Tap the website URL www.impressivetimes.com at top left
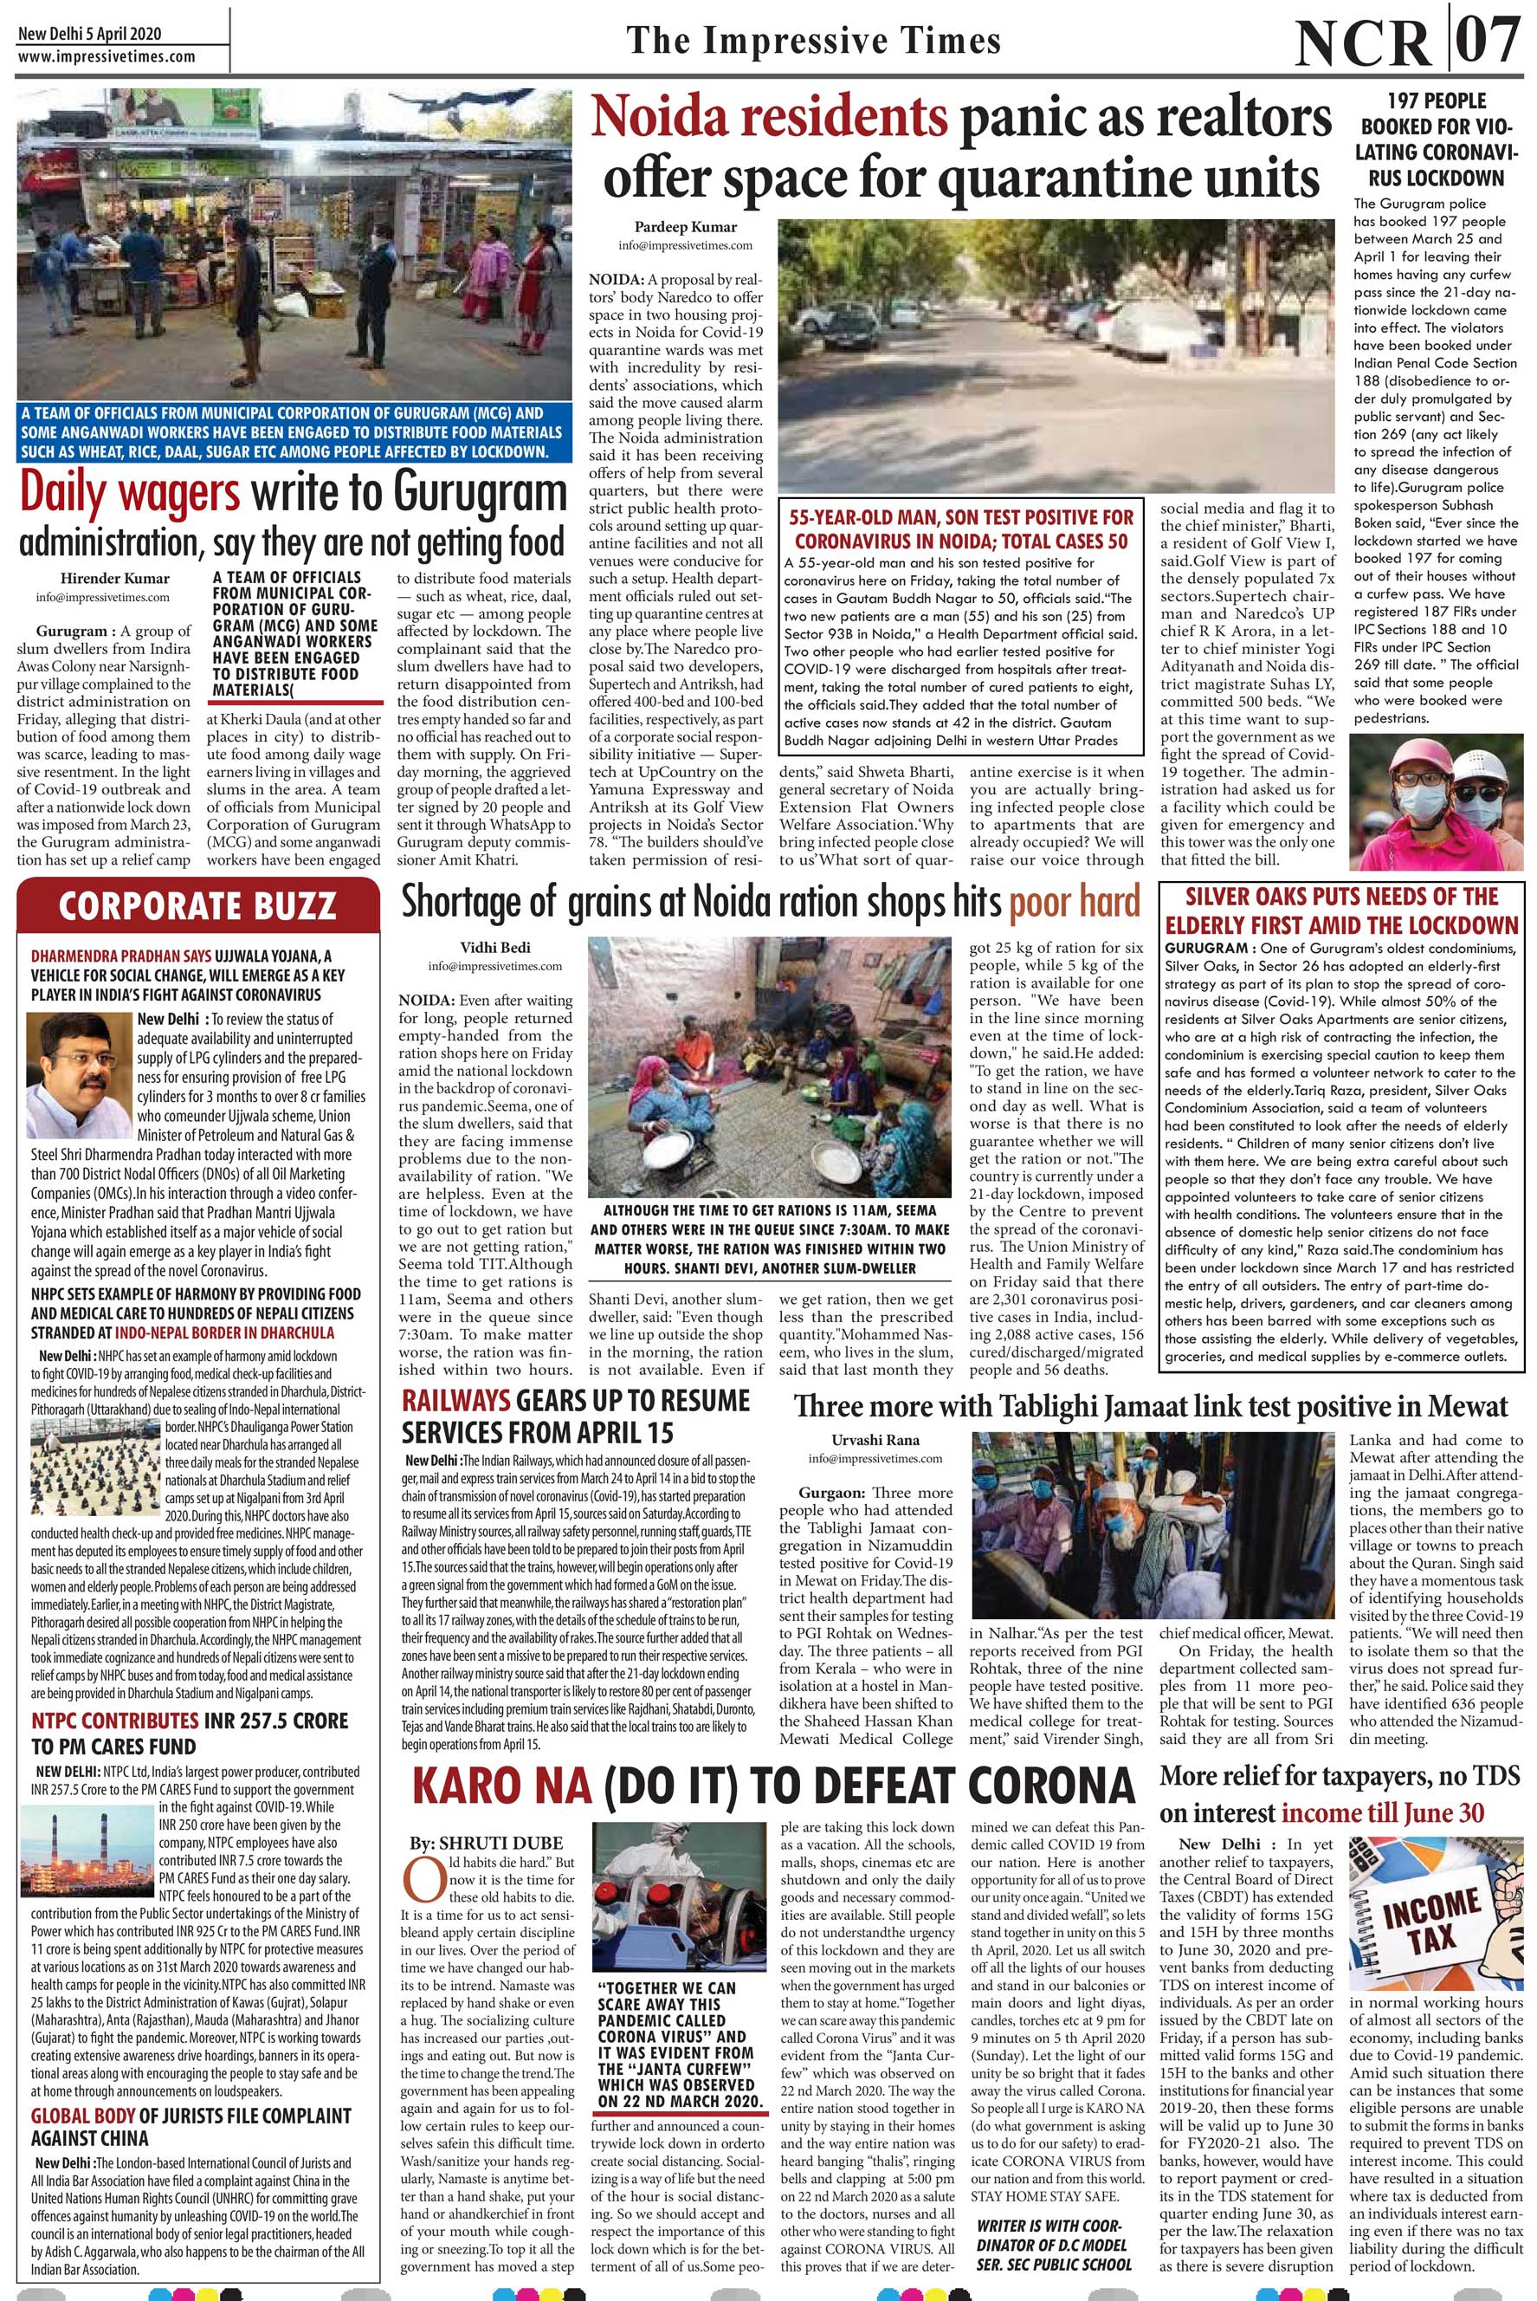(x=106, y=57)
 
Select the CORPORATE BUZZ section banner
(x=197, y=906)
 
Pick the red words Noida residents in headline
(x=769, y=119)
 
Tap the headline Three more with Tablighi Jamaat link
(x=1150, y=1407)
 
